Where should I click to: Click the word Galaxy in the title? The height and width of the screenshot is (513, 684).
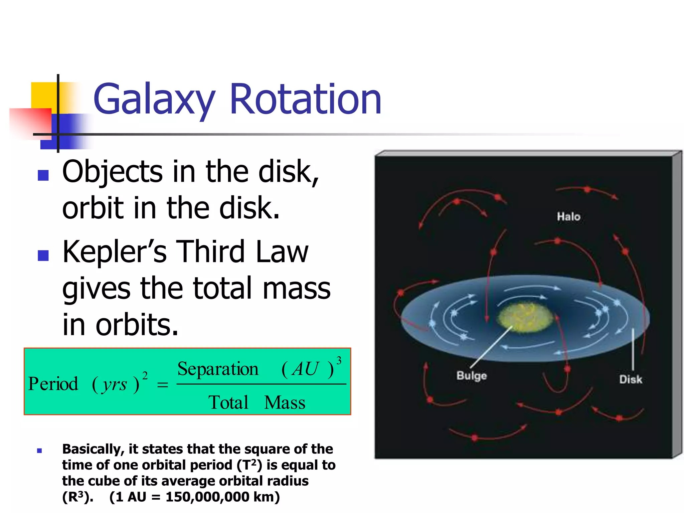[154, 99]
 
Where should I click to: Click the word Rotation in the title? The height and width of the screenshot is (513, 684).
[305, 99]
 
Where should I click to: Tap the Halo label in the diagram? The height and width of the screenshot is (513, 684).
[568, 217]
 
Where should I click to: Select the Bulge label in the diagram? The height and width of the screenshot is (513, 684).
[471, 375]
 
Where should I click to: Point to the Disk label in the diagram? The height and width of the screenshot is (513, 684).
[631, 379]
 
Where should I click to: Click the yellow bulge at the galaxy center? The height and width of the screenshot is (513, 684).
[525, 317]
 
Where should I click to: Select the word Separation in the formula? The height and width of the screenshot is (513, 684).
[218, 369]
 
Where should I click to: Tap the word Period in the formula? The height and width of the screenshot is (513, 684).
[53, 384]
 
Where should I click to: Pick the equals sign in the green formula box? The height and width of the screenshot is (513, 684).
[162, 385]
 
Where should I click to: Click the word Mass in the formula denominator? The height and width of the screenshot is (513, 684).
[285, 402]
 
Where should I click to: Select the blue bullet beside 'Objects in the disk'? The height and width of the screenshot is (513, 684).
[43, 175]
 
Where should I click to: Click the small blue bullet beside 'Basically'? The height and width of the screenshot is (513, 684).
[39, 451]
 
